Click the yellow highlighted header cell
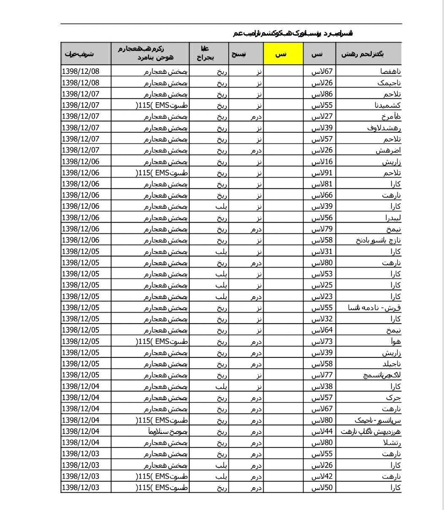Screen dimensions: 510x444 point(283,54)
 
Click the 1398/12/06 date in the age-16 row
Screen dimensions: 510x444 point(81,161)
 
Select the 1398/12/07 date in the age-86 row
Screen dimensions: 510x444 point(81,94)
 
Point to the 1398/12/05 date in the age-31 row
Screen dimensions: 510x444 point(81,251)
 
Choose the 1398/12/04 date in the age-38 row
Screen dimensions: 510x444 point(81,386)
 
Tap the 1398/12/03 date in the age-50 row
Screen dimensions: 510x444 point(81,488)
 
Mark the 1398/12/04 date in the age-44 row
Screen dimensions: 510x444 point(81,431)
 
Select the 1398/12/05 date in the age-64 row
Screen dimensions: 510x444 point(81,330)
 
